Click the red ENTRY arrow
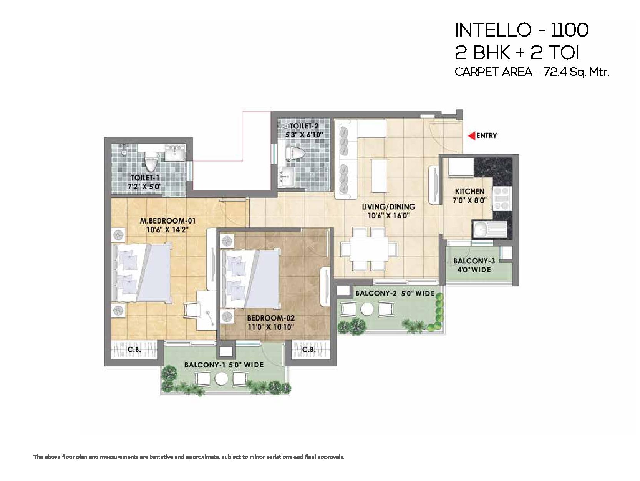(x=471, y=136)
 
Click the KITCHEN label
(x=469, y=191)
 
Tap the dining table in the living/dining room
(x=369, y=248)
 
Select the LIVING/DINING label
(x=388, y=207)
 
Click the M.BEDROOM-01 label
(x=167, y=221)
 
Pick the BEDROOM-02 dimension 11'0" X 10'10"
(x=270, y=327)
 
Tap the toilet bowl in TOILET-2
(x=295, y=153)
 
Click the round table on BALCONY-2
(x=367, y=309)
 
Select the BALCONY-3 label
(x=474, y=261)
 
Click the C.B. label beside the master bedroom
(x=134, y=349)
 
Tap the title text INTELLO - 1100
(x=522, y=30)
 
